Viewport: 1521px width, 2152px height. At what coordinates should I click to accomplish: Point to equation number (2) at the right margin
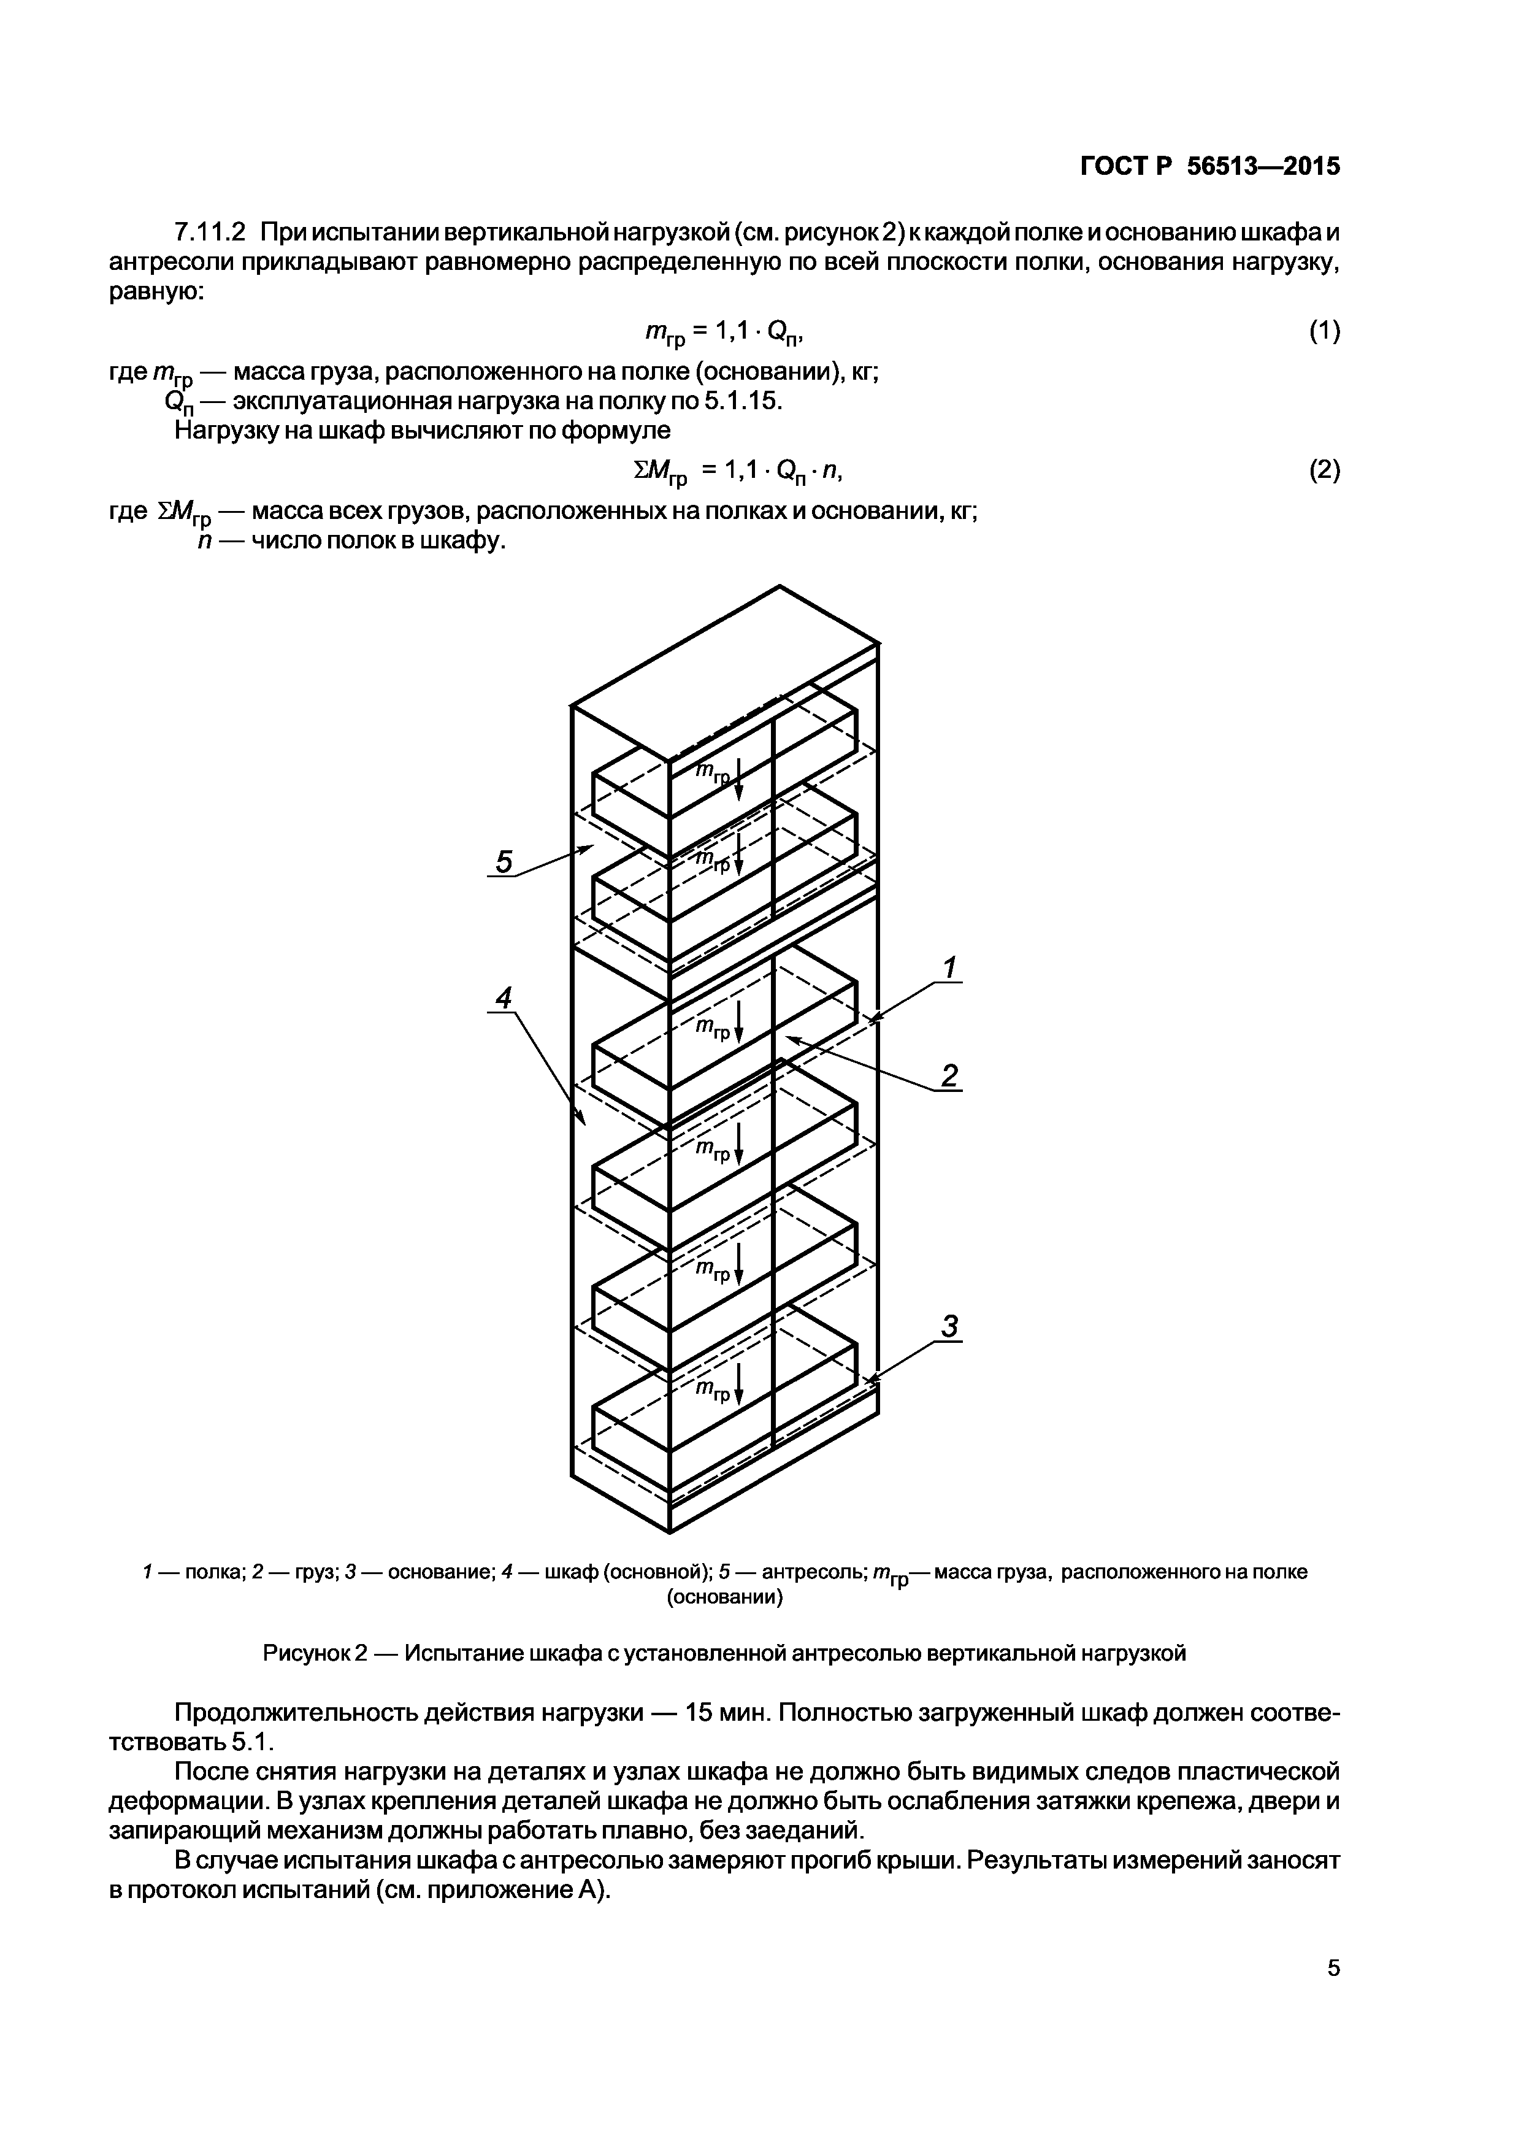point(1324,471)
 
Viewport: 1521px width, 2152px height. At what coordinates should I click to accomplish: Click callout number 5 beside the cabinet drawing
point(504,861)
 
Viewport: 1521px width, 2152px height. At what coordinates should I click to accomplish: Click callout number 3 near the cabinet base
point(950,1327)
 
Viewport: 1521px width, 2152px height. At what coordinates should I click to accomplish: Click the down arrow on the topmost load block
point(738,780)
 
